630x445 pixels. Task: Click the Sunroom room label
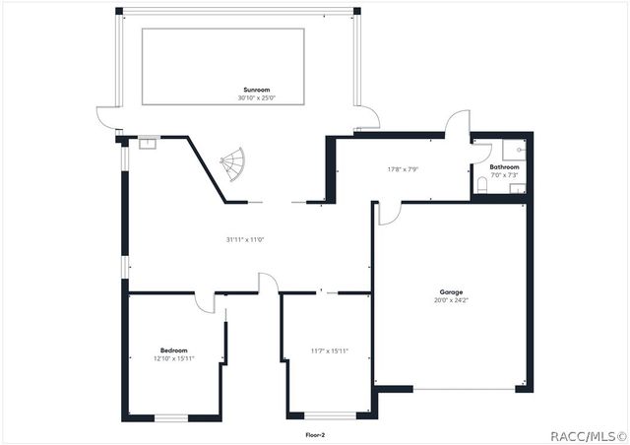click(257, 90)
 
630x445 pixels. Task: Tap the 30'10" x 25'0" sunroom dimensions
click(257, 98)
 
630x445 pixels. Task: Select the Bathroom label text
click(504, 167)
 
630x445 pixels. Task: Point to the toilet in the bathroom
click(480, 185)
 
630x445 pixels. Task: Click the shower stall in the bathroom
click(514, 149)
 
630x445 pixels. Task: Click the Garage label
click(451, 292)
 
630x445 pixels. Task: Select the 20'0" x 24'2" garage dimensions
click(451, 300)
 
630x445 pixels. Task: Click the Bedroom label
click(174, 350)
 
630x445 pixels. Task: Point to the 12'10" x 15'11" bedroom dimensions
click(174, 358)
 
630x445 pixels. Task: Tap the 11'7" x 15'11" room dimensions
click(329, 350)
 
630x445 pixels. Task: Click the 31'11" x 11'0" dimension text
click(245, 239)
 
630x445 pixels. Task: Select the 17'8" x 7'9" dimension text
click(404, 169)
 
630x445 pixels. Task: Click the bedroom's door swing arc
click(205, 303)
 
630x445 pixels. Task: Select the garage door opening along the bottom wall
click(463, 389)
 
